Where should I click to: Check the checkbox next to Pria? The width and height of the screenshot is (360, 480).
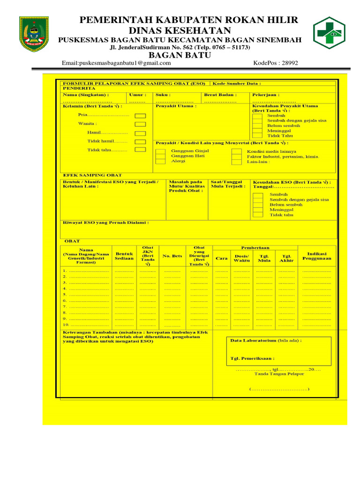coord(140,115)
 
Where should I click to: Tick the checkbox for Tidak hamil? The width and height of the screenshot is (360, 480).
coord(140,141)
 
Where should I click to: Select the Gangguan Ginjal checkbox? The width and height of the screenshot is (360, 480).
coord(161,151)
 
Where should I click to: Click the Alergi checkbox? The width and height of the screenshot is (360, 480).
coord(161,161)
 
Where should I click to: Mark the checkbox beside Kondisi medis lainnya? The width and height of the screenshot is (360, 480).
coord(237,152)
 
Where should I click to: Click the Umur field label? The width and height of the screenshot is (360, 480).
coord(137,95)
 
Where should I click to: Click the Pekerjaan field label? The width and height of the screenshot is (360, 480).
coord(265,95)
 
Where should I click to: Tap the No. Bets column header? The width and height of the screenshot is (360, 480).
coord(172,256)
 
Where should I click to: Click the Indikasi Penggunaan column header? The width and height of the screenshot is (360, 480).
coord(317,256)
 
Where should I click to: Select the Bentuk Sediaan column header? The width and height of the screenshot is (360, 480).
coord(124,256)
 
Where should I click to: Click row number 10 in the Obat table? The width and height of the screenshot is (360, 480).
coord(66,324)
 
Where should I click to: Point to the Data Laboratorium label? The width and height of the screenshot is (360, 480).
coord(266,341)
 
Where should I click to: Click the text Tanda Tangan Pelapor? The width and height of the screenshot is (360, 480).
coord(279,374)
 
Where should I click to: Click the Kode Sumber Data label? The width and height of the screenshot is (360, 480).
coord(237,83)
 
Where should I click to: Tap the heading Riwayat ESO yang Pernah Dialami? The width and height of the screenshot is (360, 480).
coord(106,223)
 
